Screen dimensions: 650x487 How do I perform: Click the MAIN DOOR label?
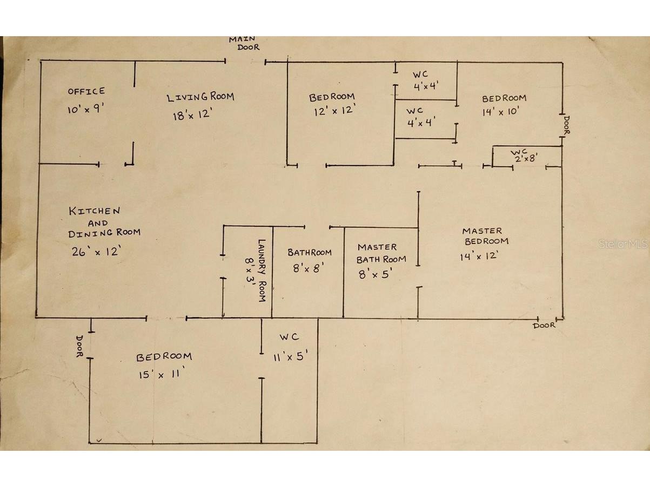pyautogui.click(x=244, y=43)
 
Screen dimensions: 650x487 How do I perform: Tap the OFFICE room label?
pyautogui.click(x=86, y=91)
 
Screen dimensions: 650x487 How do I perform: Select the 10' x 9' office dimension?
pyautogui.click(x=85, y=109)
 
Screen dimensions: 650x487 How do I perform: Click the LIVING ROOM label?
pyautogui.click(x=200, y=97)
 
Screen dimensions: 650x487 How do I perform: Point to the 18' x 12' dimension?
pyautogui.click(x=192, y=114)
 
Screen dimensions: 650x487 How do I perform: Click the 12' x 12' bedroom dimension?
pyautogui.click(x=334, y=110)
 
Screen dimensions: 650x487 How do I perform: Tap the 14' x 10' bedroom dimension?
pyautogui.click(x=501, y=112)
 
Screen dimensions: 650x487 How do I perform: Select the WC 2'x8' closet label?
pyautogui.click(x=524, y=156)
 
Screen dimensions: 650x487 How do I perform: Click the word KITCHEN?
pyautogui.click(x=95, y=211)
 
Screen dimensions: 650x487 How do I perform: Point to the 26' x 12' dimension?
pyautogui.click(x=96, y=251)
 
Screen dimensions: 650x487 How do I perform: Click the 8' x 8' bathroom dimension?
pyautogui.click(x=309, y=268)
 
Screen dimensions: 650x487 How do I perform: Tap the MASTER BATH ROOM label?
pyautogui.click(x=381, y=253)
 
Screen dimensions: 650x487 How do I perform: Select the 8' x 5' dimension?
pyautogui.click(x=376, y=274)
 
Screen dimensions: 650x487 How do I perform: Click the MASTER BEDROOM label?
pyautogui.click(x=485, y=236)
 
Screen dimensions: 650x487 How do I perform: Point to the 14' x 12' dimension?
pyautogui.click(x=479, y=256)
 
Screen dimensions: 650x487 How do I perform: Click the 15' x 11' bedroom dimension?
pyautogui.click(x=162, y=374)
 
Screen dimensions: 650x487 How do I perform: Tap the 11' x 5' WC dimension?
pyautogui.click(x=290, y=356)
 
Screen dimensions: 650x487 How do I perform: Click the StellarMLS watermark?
pyautogui.click(x=623, y=244)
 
